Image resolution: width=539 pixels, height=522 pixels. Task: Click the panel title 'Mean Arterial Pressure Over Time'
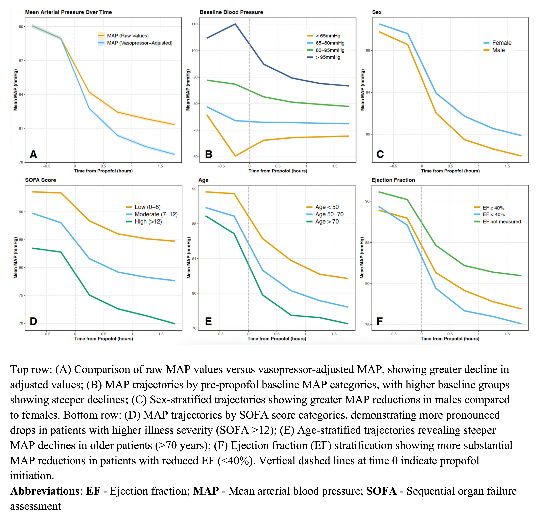[x=68, y=12]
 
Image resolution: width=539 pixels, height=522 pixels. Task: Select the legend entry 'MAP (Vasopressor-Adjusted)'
[x=139, y=43]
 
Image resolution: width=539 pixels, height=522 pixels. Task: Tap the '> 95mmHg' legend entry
[x=328, y=57]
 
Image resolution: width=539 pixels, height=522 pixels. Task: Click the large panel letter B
[x=209, y=154]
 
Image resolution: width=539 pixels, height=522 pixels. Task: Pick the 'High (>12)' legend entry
[x=148, y=222]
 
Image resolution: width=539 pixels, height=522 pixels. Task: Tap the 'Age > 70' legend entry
[x=327, y=222]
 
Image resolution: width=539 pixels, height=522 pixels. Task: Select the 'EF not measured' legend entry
[x=502, y=222]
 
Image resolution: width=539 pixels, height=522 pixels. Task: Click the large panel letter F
[x=379, y=321]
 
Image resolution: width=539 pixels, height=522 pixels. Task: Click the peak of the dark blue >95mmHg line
[x=235, y=24]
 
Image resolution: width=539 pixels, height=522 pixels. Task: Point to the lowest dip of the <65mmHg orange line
[x=235, y=156]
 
